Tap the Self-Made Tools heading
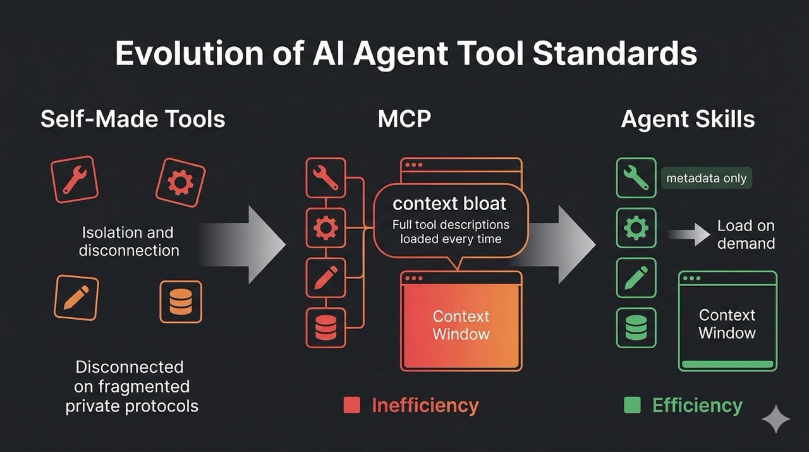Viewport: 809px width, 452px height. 133,119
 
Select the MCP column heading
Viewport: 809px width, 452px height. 404,119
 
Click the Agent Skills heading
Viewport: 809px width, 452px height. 688,119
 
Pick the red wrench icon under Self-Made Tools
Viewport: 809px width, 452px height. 75,179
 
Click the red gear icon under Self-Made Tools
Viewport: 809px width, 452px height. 180,182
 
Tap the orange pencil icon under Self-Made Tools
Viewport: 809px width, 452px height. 76,298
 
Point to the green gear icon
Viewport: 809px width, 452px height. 636,228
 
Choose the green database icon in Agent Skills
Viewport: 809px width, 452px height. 636,328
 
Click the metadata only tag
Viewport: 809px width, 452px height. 706,179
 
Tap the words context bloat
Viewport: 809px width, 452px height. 449,204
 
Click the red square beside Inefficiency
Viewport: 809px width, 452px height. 351,405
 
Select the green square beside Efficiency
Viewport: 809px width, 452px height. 632,405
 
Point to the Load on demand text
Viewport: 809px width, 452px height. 746,234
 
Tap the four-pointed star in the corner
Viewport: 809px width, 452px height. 776,420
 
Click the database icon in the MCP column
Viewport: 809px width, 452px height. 325,328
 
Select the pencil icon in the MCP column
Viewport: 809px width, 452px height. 325,278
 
